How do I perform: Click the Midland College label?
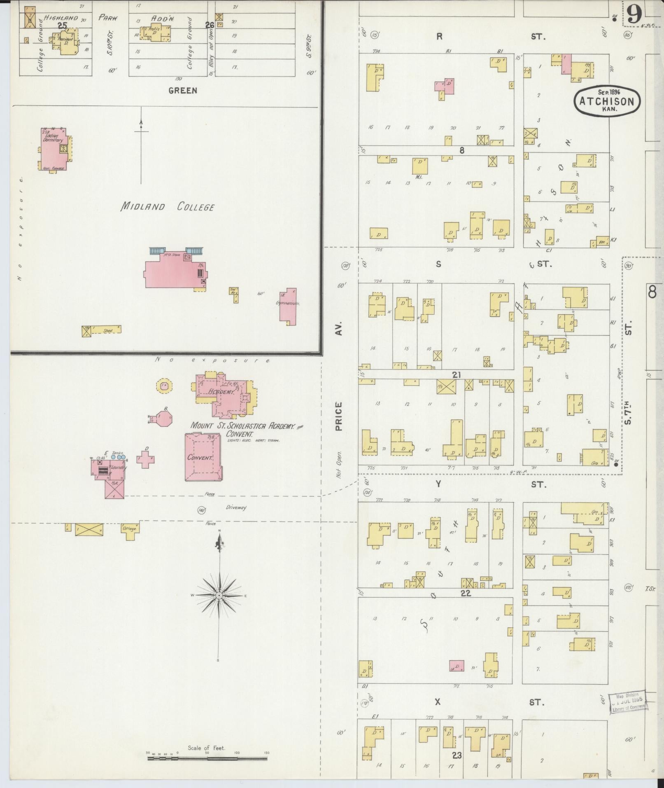pos(167,207)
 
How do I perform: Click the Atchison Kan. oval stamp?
pos(607,100)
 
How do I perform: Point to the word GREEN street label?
pos(182,91)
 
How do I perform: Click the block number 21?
pos(456,374)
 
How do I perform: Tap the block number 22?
pos(465,594)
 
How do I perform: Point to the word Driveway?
pos(236,507)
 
